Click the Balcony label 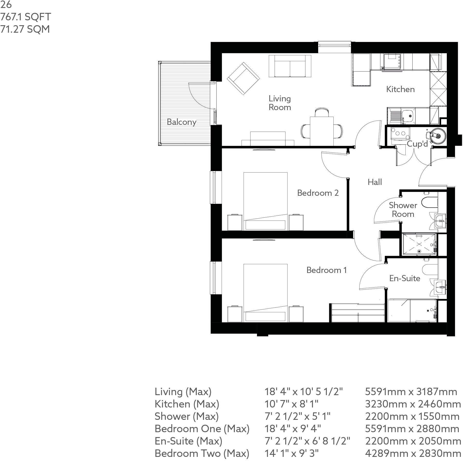tap(182, 122)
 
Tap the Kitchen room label tap(400, 89)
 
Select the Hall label tap(375, 182)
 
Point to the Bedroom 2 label tap(318, 193)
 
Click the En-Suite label tap(405, 278)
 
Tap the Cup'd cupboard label tap(417, 144)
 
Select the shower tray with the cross tap(419, 244)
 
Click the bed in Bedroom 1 tap(265, 293)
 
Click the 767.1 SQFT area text tap(26, 17)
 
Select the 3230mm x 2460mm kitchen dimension tap(413, 404)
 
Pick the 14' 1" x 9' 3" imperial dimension tap(292, 453)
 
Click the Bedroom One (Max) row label tap(202, 429)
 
